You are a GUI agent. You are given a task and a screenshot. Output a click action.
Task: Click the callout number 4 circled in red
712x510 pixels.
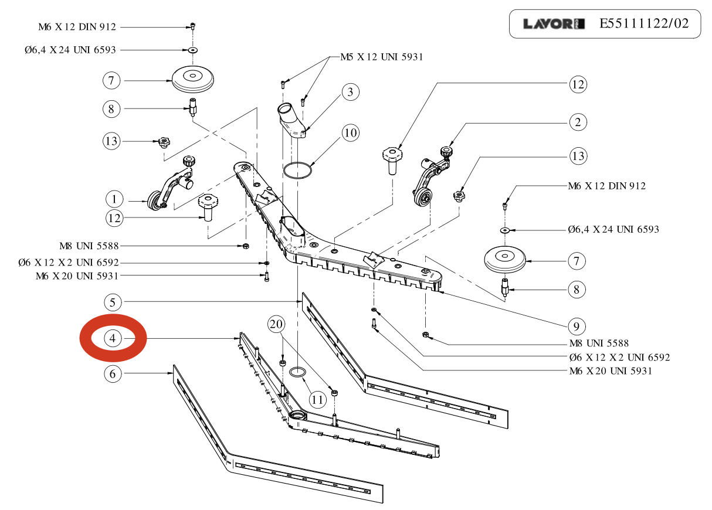[113, 338]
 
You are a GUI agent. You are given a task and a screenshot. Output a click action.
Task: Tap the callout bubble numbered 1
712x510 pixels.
[114, 196]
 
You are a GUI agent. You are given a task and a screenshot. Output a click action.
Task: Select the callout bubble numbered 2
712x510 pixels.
[578, 123]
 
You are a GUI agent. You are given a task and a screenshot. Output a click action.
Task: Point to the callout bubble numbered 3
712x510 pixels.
[350, 92]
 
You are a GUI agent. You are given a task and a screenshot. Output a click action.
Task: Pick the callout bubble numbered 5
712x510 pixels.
[113, 302]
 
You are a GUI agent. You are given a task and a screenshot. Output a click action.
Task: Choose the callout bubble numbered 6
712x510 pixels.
[113, 373]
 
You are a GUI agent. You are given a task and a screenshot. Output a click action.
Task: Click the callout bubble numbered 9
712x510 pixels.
[576, 326]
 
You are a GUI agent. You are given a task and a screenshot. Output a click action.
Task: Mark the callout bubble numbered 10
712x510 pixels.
[350, 133]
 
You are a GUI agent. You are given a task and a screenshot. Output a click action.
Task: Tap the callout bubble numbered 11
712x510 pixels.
[317, 400]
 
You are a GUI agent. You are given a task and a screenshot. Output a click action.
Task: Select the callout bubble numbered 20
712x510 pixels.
[277, 324]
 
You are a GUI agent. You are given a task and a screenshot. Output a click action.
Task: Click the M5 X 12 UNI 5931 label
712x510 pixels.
[381, 57]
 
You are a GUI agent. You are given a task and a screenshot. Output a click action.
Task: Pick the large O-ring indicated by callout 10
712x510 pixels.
[298, 171]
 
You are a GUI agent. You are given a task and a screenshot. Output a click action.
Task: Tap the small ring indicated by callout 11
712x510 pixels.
[297, 372]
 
